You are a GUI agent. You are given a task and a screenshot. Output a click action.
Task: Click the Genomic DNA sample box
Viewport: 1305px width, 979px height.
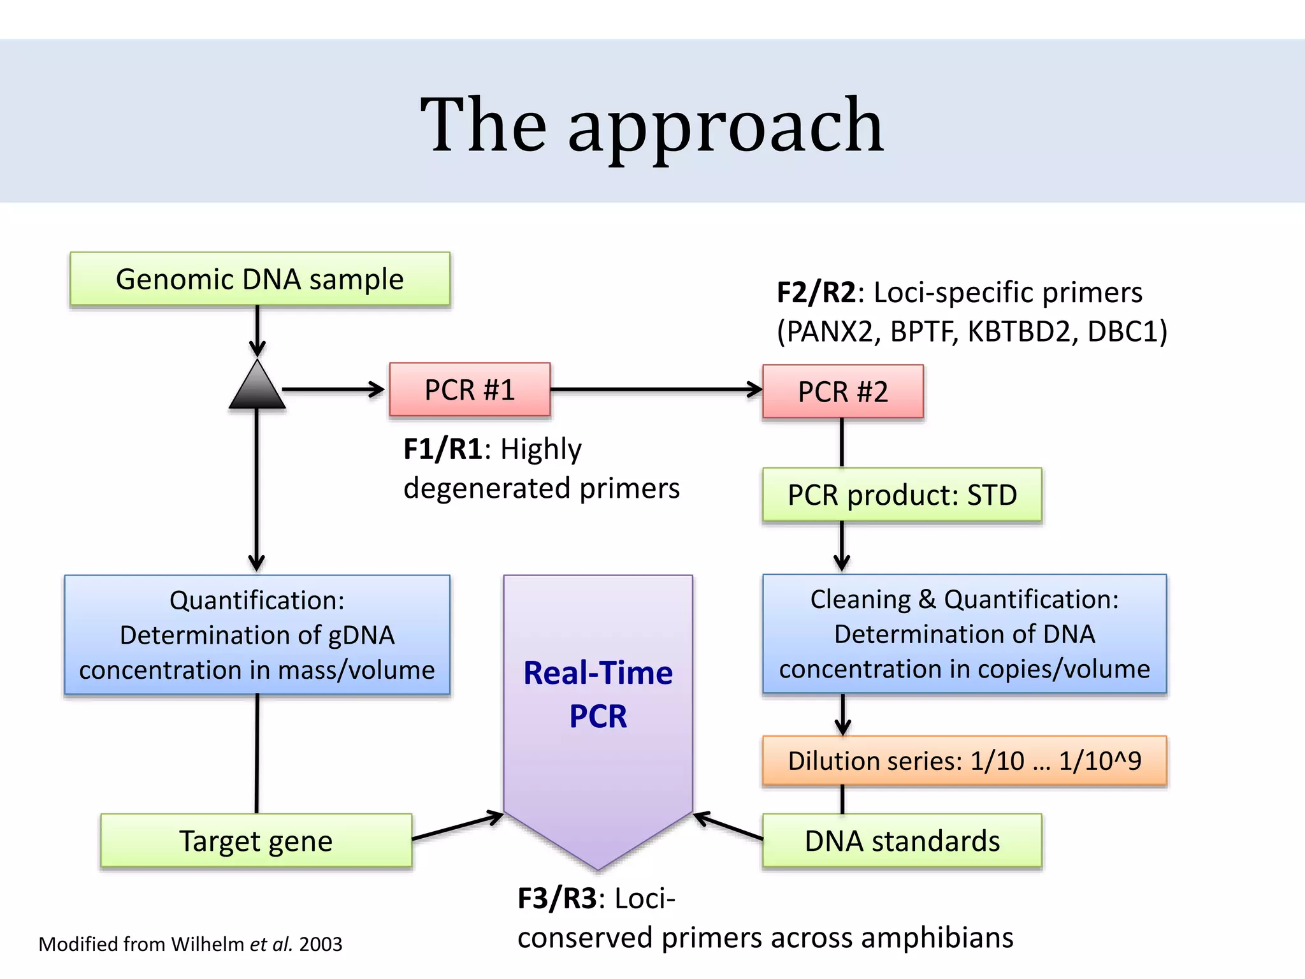[x=260, y=279]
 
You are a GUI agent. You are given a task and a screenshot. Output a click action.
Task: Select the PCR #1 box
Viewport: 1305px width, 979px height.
[x=470, y=389]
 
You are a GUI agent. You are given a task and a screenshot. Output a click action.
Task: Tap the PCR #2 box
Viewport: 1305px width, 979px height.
[x=842, y=391]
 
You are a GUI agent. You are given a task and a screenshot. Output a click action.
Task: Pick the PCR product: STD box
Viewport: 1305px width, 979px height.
[x=902, y=495]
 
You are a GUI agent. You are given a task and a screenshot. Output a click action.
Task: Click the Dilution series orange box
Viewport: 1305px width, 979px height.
[x=964, y=760]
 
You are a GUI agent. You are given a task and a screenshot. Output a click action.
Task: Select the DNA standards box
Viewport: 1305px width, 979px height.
[x=902, y=841]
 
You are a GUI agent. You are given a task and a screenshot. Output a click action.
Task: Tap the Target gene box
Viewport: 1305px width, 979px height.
[x=256, y=841]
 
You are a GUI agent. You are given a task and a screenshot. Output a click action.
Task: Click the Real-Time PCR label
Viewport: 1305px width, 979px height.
[x=598, y=694]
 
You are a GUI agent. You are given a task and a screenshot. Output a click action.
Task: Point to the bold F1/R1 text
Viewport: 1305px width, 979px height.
[x=443, y=449]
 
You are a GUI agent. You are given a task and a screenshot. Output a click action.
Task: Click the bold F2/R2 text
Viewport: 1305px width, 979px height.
[x=816, y=293]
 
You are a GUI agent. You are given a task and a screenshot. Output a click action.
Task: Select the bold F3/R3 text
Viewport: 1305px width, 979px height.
[x=557, y=899]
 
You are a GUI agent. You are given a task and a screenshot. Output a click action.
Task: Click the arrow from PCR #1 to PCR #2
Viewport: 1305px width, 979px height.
[x=656, y=389]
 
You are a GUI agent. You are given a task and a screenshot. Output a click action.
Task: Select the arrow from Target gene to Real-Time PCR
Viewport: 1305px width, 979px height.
[x=458, y=826]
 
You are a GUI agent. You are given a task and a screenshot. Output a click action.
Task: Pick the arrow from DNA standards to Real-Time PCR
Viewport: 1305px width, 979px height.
[x=728, y=826]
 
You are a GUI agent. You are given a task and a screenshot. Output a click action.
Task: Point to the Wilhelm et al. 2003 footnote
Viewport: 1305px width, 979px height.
[x=191, y=944]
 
